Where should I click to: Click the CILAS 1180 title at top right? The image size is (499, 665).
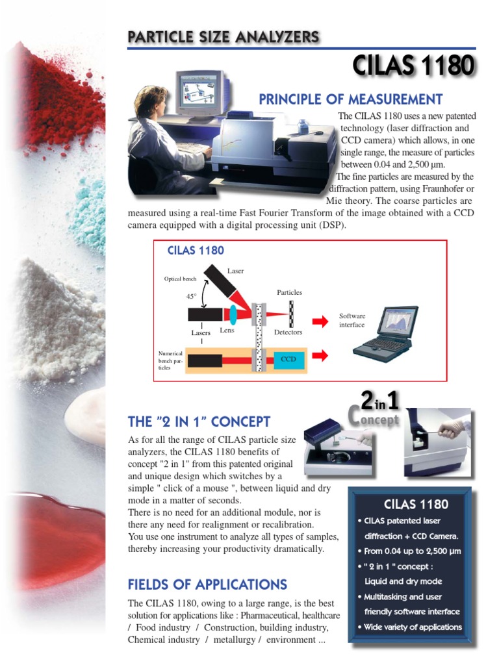[413, 66]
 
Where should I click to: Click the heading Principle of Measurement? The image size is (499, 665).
[350, 99]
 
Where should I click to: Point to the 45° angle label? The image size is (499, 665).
[191, 296]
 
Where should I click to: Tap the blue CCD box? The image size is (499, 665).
[288, 358]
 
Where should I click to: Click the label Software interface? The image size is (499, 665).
[352, 320]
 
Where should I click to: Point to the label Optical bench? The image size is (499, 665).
[180, 279]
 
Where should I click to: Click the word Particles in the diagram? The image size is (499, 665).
[289, 292]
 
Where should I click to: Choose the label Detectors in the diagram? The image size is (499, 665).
[288, 332]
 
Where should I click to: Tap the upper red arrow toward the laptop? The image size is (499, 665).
[320, 321]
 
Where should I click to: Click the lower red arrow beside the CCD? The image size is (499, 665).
[320, 355]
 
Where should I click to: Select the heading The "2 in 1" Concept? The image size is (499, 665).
[199, 422]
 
